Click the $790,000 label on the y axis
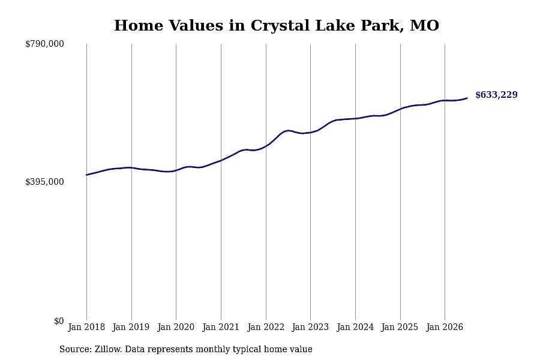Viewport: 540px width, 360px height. click(44, 44)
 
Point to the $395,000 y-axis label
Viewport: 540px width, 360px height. click(44, 182)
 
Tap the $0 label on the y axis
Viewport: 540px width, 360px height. click(59, 321)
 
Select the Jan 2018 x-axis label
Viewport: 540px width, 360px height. click(86, 327)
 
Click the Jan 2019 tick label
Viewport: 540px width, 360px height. click(131, 327)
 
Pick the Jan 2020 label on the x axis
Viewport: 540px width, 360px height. click(176, 327)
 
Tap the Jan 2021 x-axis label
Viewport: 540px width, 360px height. click(221, 327)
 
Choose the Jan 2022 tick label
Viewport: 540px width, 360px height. click(266, 327)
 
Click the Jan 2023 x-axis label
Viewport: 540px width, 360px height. click(310, 327)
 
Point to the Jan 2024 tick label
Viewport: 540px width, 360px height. click(355, 327)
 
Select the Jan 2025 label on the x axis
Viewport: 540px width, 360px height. click(400, 327)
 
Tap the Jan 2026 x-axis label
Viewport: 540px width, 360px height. click(445, 327)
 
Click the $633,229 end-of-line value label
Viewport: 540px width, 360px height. click(496, 95)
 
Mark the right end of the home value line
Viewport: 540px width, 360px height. click(467, 98)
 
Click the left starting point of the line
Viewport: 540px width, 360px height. click(86, 175)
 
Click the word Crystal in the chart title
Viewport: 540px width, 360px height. click(280, 26)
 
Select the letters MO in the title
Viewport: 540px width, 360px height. click(424, 25)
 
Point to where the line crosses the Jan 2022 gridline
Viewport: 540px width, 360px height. click(266, 146)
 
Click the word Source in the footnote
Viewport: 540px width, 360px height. click(75, 349)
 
